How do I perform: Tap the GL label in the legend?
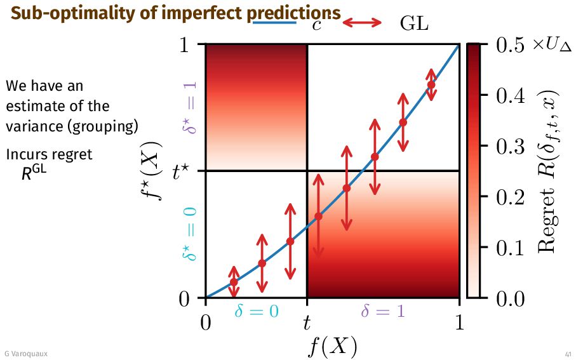point(415,23)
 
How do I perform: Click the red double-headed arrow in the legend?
point(362,23)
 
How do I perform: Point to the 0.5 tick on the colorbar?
point(507,45)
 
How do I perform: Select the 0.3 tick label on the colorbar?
point(507,146)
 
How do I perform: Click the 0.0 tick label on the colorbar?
point(507,298)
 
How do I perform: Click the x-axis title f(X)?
point(332,346)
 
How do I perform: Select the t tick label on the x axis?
point(307,323)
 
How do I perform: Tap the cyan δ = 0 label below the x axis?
point(257,310)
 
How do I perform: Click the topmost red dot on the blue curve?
point(431,84)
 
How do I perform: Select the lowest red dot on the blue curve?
point(234,282)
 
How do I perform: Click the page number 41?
point(567,354)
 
